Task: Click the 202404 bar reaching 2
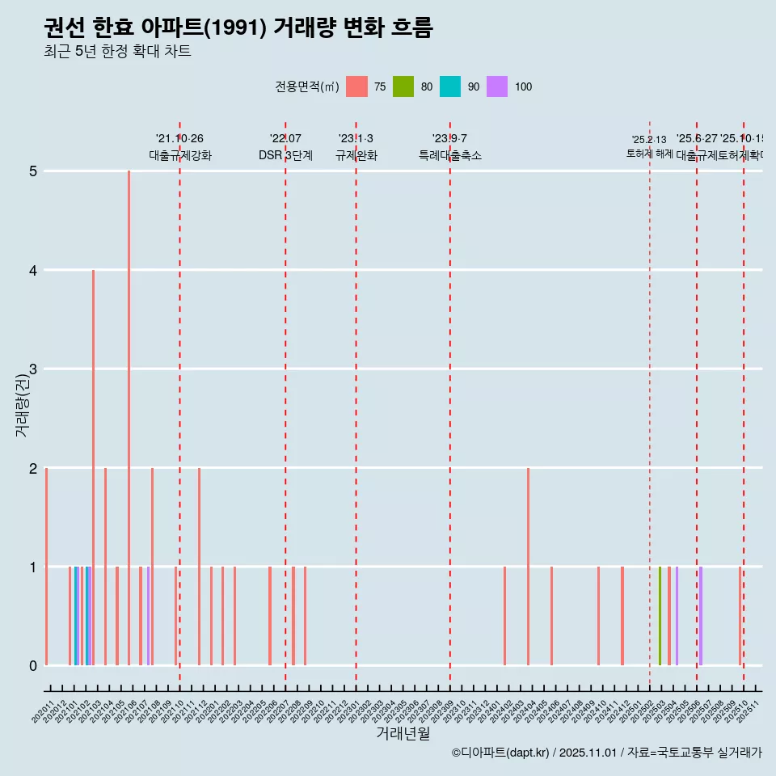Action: tap(528, 566)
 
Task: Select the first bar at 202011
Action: tap(47, 566)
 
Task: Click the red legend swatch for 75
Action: tap(356, 86)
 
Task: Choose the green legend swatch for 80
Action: tap(403, 86)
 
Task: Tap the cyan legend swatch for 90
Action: tap(450, 86)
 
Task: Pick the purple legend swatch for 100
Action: tap(497, 86)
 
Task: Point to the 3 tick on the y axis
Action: tap(33, 369)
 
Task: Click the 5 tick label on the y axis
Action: tap(33, 171)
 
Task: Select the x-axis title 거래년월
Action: tap(403, 733)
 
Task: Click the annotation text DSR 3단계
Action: tap(285, 155)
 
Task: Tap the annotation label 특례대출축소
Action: tap(449, 155)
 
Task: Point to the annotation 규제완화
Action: tap(356, 155)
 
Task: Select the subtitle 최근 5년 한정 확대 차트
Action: tap(117, 52)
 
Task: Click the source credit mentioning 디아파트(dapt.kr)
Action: tap(606, 753)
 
